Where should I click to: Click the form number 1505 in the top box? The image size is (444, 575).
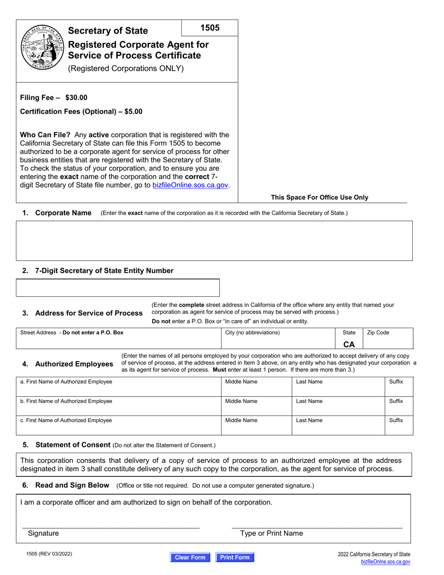(210, 28)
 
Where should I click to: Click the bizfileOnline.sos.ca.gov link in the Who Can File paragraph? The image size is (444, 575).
(191, 185)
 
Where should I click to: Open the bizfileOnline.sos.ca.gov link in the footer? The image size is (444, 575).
(386, 562)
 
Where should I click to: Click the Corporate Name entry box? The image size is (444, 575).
(214, 240)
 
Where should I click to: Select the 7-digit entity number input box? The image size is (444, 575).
(118, 287)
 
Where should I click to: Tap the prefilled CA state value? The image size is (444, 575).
(349, 344)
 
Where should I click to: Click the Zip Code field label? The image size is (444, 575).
(378, 332)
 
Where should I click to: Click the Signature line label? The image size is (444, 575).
(43, 533)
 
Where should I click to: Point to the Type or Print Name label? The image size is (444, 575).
(271, 533)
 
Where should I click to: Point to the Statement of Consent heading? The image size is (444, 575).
(72, 445)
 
